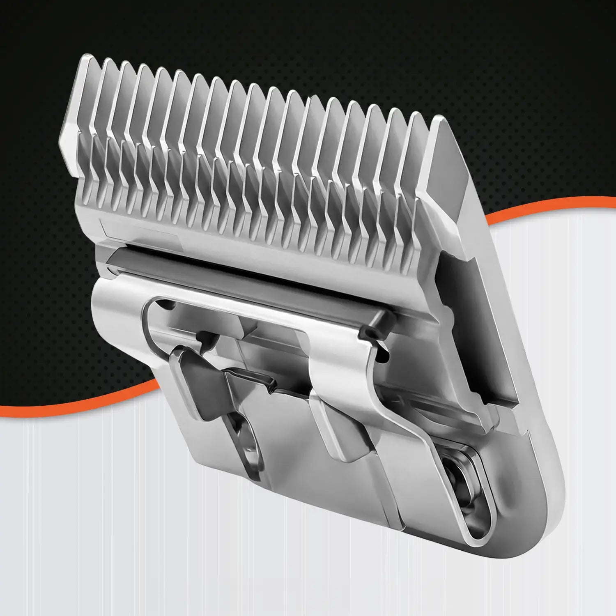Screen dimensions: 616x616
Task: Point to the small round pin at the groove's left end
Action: tap(110, 269)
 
